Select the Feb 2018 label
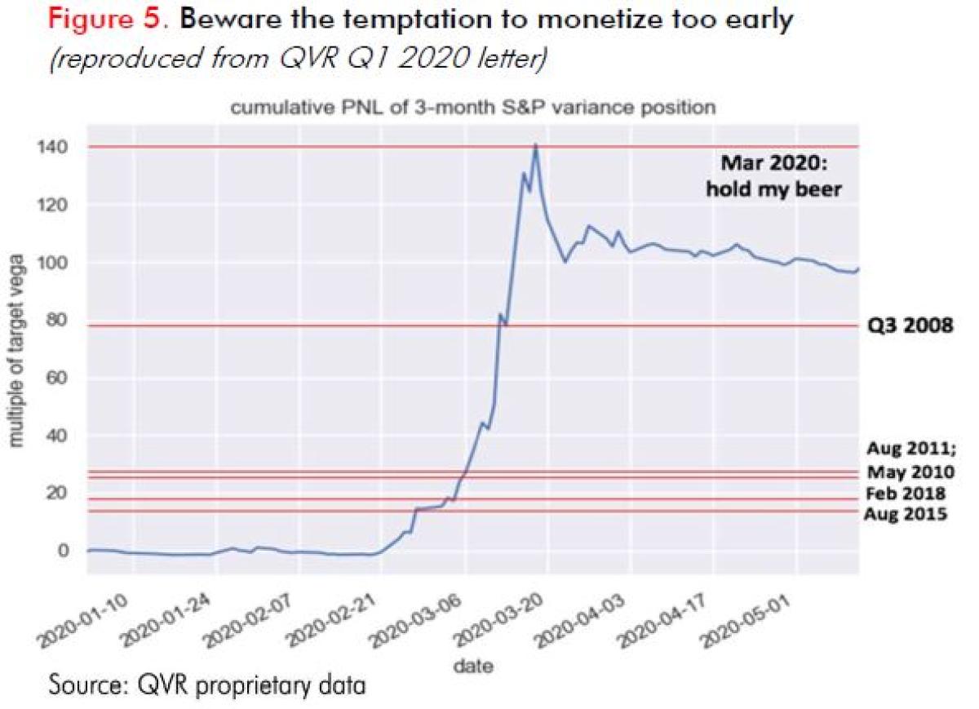pos(906,494)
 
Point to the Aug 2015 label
pos(906,514)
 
